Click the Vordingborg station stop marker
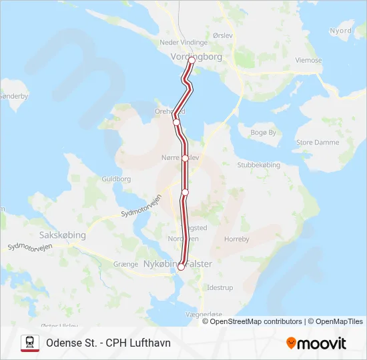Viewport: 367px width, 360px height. click(192, 60)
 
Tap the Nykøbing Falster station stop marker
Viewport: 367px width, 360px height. click(181, 267)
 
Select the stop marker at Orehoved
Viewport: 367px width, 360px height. click(176, 122)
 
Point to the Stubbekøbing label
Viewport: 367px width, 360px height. click(258, 165)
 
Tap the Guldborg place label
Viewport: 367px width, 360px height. click(115, 179)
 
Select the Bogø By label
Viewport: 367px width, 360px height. click(263, 133)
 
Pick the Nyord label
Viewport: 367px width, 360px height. click(340, 31)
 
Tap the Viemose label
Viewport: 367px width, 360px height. click(308, 61)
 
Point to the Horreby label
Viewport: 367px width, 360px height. click(236, 239)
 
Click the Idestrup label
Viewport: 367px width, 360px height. click(221, 287)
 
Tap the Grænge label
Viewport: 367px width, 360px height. click(125, 265)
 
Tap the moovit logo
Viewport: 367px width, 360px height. click(316, 343)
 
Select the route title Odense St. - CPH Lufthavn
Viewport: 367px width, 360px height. click(108, 343)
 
